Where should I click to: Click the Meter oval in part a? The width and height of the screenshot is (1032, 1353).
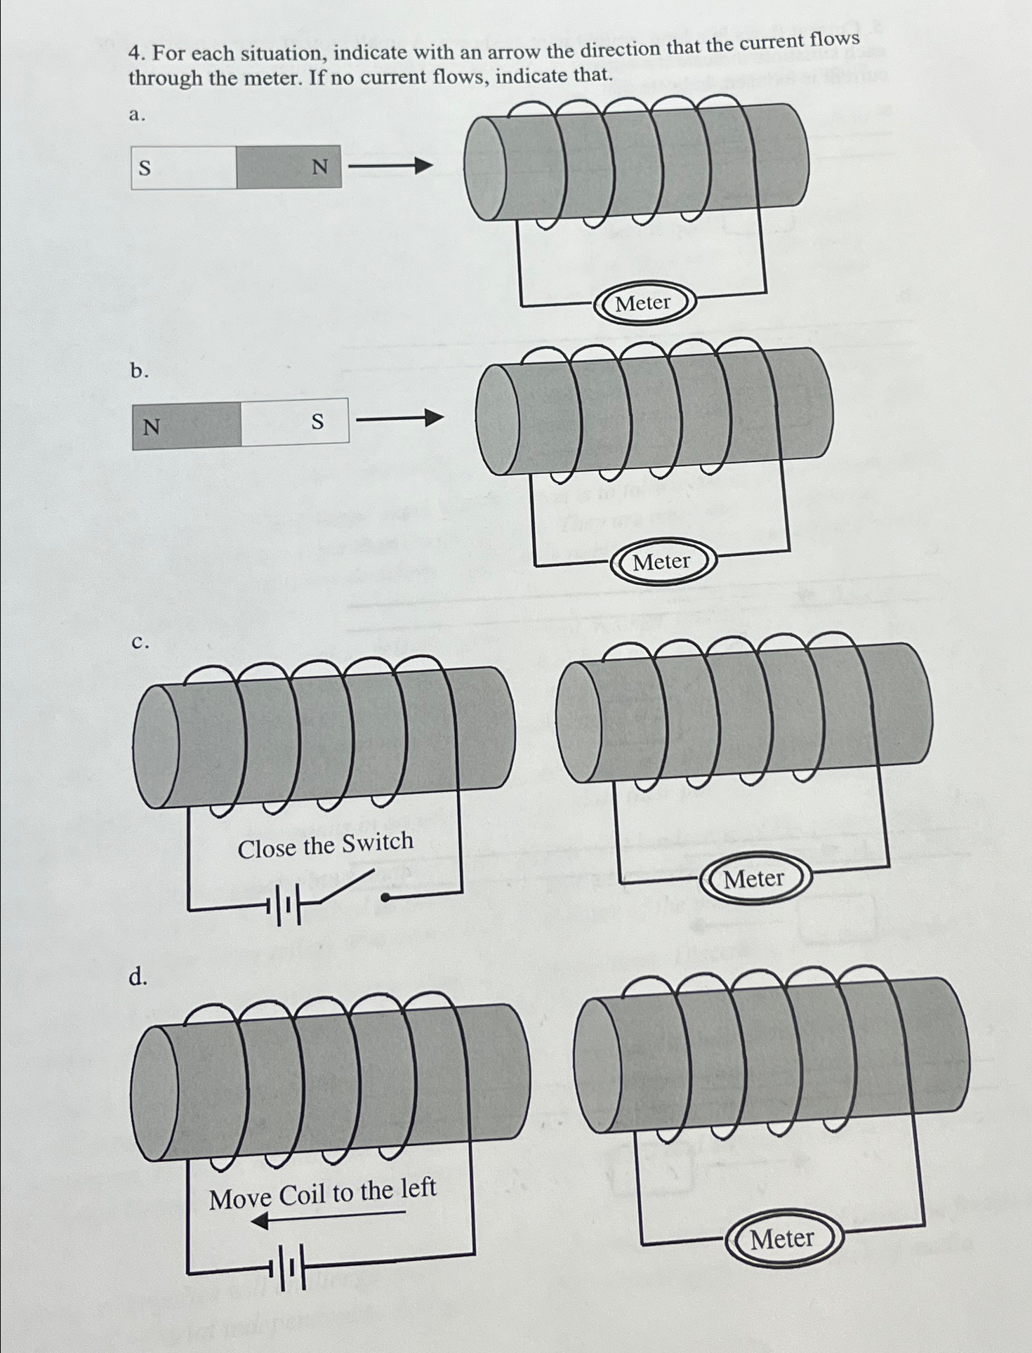(644, 303)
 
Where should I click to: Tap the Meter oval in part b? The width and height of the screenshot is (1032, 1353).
(662, 562)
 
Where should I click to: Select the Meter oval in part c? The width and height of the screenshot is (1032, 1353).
(754, 878)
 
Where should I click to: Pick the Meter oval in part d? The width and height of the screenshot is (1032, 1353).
(782, 1239)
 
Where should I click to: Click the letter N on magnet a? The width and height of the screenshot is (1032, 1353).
(319, 167)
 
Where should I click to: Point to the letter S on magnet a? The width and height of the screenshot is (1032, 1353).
(145, 169)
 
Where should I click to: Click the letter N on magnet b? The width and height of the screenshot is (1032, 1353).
(152, 427)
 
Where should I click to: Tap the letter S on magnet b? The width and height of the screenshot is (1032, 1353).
(317, 422)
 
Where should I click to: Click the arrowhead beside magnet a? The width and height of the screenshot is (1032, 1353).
(423, 166)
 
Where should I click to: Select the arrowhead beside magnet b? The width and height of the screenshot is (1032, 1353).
(435, 418)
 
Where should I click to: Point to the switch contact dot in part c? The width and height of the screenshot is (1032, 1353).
(385, 897)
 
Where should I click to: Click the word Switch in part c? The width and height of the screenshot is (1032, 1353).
(378, 842)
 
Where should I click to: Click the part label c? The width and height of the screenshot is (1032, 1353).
(140, 642)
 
